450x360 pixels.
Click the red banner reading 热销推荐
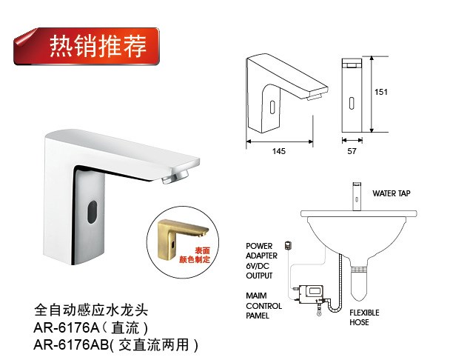point(87,46)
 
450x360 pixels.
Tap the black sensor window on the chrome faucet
point(92,212)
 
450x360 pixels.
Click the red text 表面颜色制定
point(195,255)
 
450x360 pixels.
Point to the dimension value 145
point(279,151)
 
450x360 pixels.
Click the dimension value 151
point(381,92)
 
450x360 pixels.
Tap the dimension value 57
point(352,151)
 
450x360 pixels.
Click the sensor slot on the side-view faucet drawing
point(272,107)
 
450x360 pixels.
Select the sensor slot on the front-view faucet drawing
point(352,103)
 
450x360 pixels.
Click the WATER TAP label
point(392,193)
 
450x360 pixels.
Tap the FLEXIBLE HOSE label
point(364,317)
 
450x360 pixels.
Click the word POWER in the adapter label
point(259,246)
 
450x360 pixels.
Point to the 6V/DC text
point(258,266)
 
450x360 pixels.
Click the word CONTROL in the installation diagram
point(263,306)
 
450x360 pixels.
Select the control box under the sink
point(311,293)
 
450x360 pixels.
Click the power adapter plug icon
point(289,246)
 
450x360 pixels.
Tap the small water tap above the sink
point(357,196)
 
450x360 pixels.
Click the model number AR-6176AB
point(71,344)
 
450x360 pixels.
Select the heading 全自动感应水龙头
point(91,310)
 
